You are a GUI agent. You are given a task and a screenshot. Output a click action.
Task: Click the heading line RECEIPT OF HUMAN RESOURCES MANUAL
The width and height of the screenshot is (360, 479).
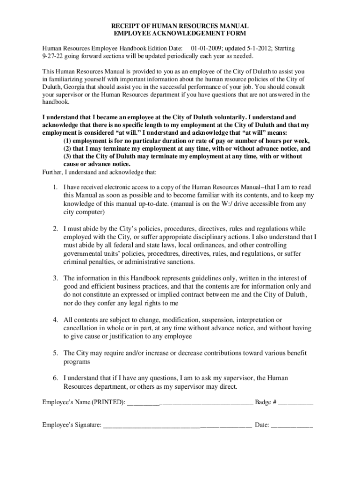(x=180, y=26)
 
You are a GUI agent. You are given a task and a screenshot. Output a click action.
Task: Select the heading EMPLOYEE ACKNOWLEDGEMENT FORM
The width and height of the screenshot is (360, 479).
(x=180, y=34)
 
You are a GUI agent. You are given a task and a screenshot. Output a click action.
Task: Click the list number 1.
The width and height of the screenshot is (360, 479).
(x=55, y=187)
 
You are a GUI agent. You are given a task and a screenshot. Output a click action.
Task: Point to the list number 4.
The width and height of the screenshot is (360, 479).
(x=55, y=320)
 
